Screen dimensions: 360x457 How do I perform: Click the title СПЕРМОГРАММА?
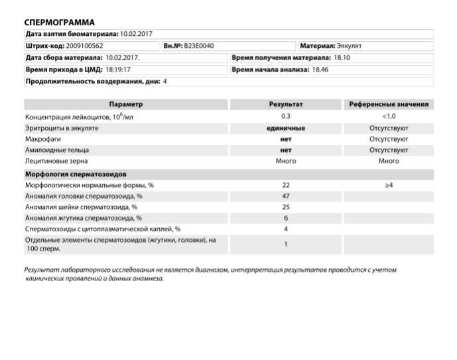60,23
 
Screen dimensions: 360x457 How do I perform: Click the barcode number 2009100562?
82,46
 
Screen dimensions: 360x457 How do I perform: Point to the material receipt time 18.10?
343,58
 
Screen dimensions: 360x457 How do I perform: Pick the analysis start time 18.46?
320,69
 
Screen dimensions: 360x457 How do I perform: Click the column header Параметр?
125,104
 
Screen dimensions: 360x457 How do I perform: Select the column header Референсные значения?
389,104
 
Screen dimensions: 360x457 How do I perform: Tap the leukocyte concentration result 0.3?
286,116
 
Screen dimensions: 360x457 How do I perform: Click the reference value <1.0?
389,116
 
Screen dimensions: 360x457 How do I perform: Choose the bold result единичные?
286,127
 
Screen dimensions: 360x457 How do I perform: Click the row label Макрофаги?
41,139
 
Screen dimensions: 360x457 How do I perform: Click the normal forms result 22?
286,185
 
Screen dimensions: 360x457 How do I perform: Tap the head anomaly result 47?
286,196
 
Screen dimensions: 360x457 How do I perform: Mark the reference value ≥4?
389,185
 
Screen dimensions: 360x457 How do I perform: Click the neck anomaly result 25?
286,207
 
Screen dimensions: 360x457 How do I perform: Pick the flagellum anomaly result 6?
286,218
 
